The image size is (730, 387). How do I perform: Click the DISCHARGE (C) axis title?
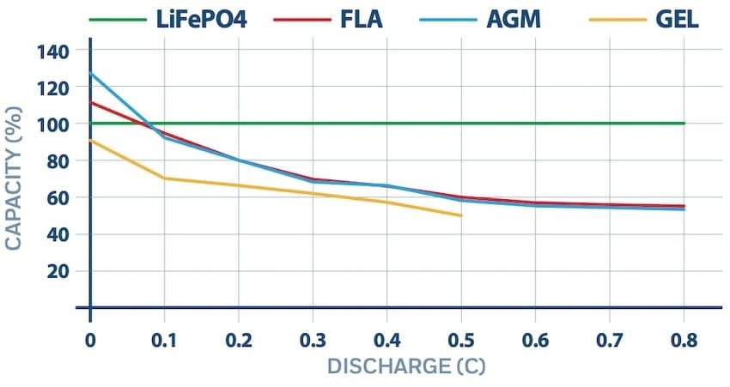pos(405,366)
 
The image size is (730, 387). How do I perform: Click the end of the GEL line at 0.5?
pos(461,215)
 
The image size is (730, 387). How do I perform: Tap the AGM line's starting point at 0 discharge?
pos(90,73)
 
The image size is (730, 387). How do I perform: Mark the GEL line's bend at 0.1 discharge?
pos(163,178)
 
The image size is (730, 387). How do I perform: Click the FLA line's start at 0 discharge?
pos(90,102)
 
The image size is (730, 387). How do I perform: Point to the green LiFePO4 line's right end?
pos(684,123)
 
